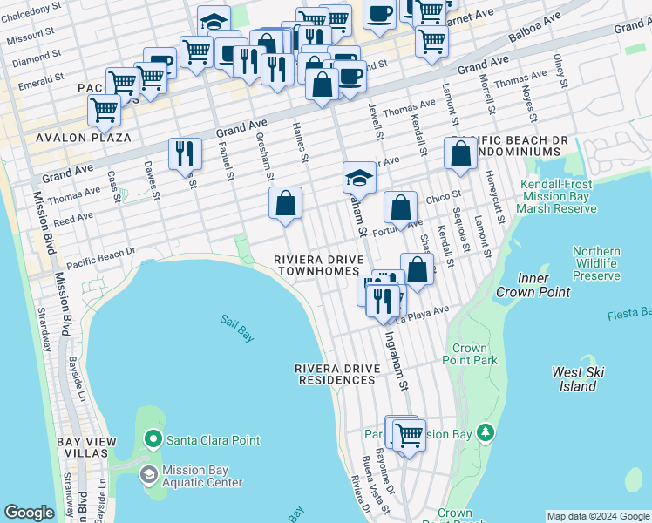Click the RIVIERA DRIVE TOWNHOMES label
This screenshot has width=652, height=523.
[317, 266]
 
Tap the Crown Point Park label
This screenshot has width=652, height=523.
[470, 354]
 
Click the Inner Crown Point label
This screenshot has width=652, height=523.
[521, 286]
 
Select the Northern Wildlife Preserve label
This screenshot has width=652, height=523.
[596, 263]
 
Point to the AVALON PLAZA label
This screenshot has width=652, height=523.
[84, 138]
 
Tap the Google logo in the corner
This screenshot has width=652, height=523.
[29, 513]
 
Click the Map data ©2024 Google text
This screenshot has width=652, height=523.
[598, 516]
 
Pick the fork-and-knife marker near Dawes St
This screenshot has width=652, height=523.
[184, 153]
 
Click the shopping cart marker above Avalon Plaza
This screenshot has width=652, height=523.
[104, 111]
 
